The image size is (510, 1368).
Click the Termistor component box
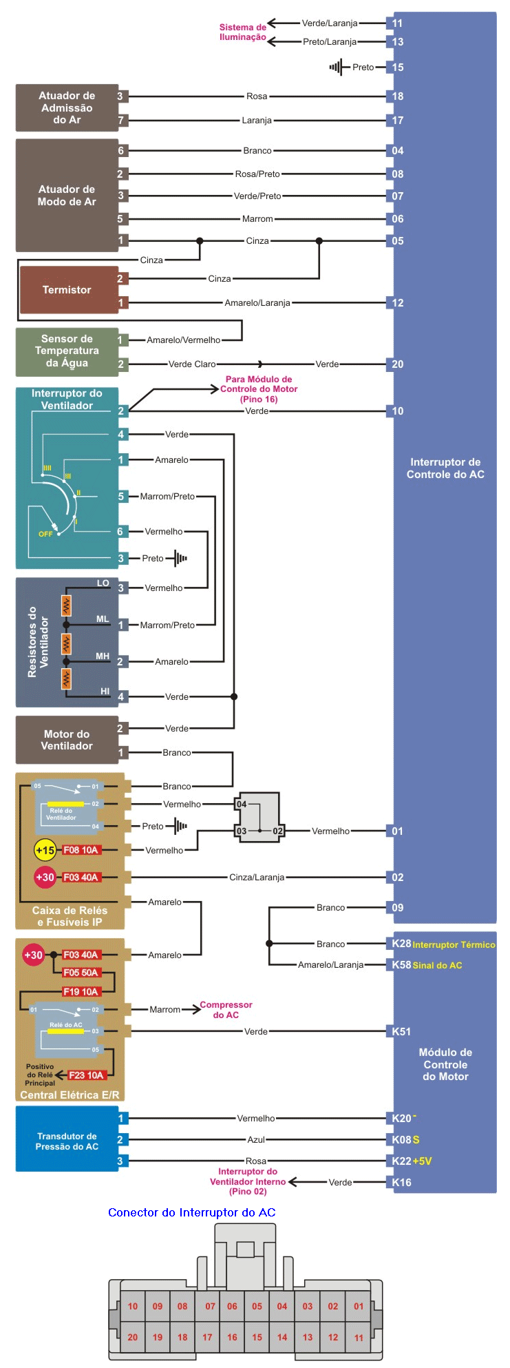click(x=67, y=290)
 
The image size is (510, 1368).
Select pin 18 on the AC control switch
click(x=398, y=96)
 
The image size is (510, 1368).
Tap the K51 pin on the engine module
click(x=401, y=1031)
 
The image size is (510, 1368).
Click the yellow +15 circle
click(x=45, y=850)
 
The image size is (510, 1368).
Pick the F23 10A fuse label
click(x=86, y=1075)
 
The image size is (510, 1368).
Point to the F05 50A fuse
click(x=81, y=973)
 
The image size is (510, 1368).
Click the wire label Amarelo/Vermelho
click(x=184, y=340)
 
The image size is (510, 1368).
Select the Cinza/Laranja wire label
click(x=257, y=878)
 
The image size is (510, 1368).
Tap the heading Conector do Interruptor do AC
click(x=192, y=1212)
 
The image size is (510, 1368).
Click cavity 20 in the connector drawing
click(x=133, y=1337)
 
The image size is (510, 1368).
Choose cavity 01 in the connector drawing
click(x=359, y=1306)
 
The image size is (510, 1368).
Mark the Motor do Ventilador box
click(x=67, y=740)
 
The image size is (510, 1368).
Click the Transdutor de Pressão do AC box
click(x=67, y=1141)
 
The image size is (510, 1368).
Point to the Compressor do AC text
click(x=226, y=1010)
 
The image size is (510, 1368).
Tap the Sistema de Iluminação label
click(x=242, y=32)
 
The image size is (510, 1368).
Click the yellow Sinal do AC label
click(x=437, y=965)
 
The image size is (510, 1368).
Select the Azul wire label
click(x=256, y=1140)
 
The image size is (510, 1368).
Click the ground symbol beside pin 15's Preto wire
click(x=336, y=68)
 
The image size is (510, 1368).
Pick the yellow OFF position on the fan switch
click(x=45, y=534)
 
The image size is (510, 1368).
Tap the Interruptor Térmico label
click(x=454, y=944)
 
